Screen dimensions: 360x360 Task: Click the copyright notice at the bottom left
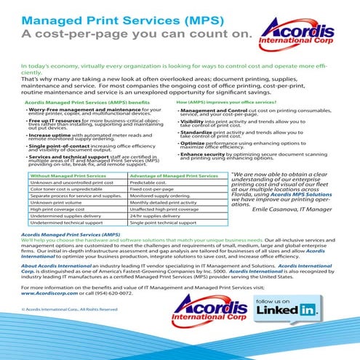pyautogui.click(x=58, y=329)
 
